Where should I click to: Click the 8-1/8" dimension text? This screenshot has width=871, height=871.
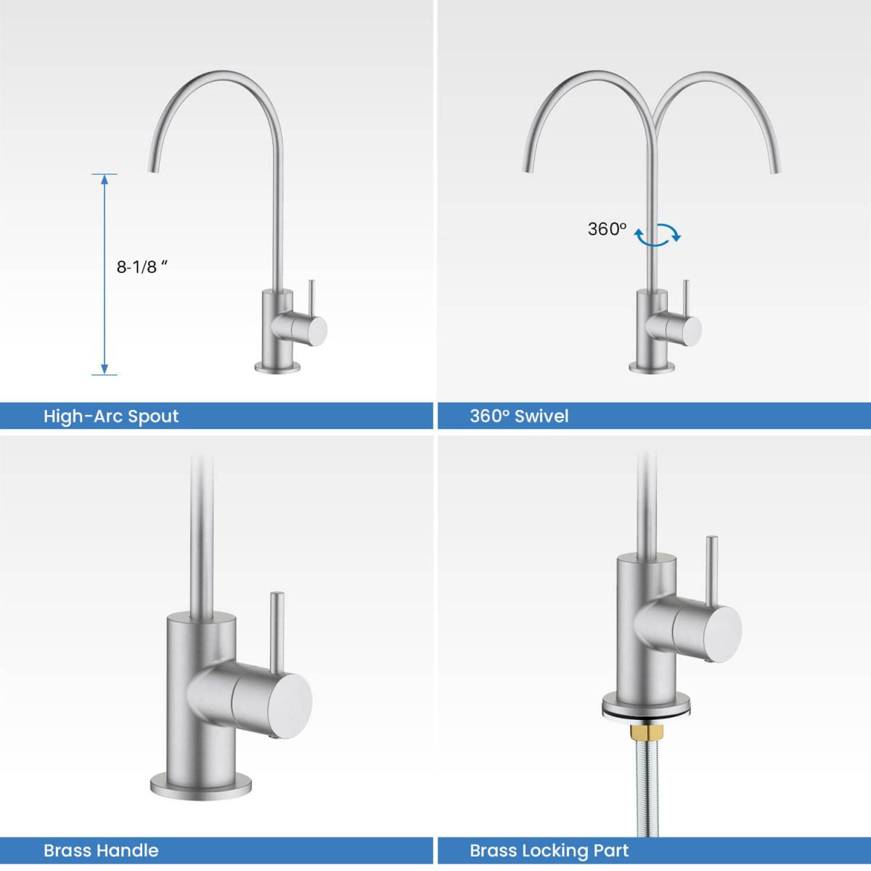coord(142,266)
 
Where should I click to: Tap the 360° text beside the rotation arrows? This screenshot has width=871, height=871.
coord(607,229)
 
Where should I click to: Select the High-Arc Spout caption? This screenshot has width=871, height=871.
coord(111,416)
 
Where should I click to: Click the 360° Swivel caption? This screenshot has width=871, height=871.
coord(519,416)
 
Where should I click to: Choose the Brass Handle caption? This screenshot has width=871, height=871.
coord(101,850)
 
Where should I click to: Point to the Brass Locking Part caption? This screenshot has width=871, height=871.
coord(549,850)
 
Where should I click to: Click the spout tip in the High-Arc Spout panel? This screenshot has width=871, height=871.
coord(153,168)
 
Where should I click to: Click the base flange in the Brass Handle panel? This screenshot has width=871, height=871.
coord(201,785)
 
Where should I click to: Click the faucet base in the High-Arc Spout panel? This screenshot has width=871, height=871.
coord(277,367)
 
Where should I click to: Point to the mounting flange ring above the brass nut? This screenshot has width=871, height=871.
coord(643,706)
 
